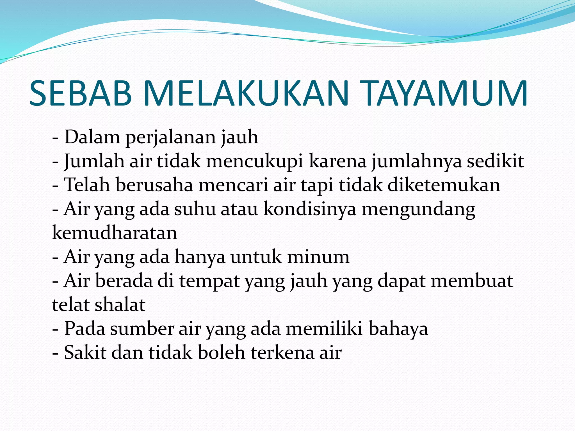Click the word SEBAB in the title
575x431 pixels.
pos(81,93)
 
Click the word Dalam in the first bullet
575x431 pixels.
pos(92,137)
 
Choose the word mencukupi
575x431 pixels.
pos(255,162)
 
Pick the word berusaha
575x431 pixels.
pos(154,185)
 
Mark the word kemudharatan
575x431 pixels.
pos(115,233)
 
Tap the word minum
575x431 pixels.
pos(318,257)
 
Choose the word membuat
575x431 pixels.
pos(472,281)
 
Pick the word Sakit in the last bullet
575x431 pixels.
pos(85,352)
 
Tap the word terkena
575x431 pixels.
pos(282,352)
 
